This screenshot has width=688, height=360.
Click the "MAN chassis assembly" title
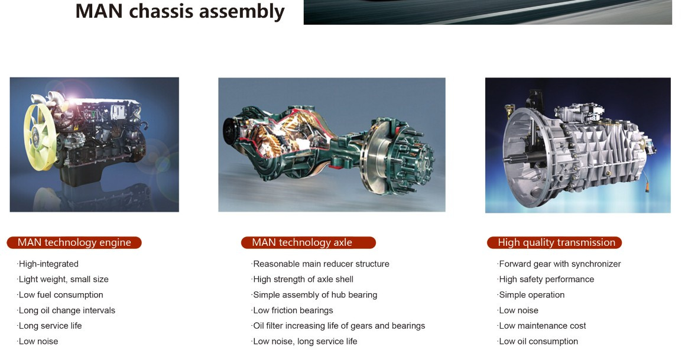pyautogui.click(x=180, y=11)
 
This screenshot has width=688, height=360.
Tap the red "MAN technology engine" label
pyautogui.click(x=74, y=242)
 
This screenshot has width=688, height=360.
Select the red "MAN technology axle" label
pyautogui.click(x=309, y=242)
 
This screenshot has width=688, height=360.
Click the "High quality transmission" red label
pyautogui.click(x=554, y=242)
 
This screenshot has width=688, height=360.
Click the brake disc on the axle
pyautogui.click(x=377, y=156)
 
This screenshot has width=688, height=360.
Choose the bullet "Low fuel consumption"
pyautogui.click(x=60, y=295)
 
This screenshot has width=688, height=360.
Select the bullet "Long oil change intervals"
pyautogui.click(x=66, y=310)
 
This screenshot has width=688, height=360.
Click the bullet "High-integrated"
pyautogui.click(x=48, y=264)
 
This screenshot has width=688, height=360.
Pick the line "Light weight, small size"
pyautogui.click(x=63, y=279)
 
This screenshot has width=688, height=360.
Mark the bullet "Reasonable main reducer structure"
pyautogui.click(x=320, y=264)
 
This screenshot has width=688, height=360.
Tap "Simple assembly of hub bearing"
pyautogui.click(x=314, y=295)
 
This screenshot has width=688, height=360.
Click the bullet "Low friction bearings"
pyautogui.click(x=292, y=310)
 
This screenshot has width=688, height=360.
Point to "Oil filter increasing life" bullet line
pyautogui.click(x=338, y=326)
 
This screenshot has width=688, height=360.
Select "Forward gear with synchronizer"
pyautogui.click(x=559, y=264)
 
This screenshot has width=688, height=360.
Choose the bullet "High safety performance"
pyautogui.click(x=546, y=279)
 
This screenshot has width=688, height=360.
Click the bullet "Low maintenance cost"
pyautogui.click(x=542, y=326)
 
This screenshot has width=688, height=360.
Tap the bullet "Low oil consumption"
pyautogui.click(x=537, y=341)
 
